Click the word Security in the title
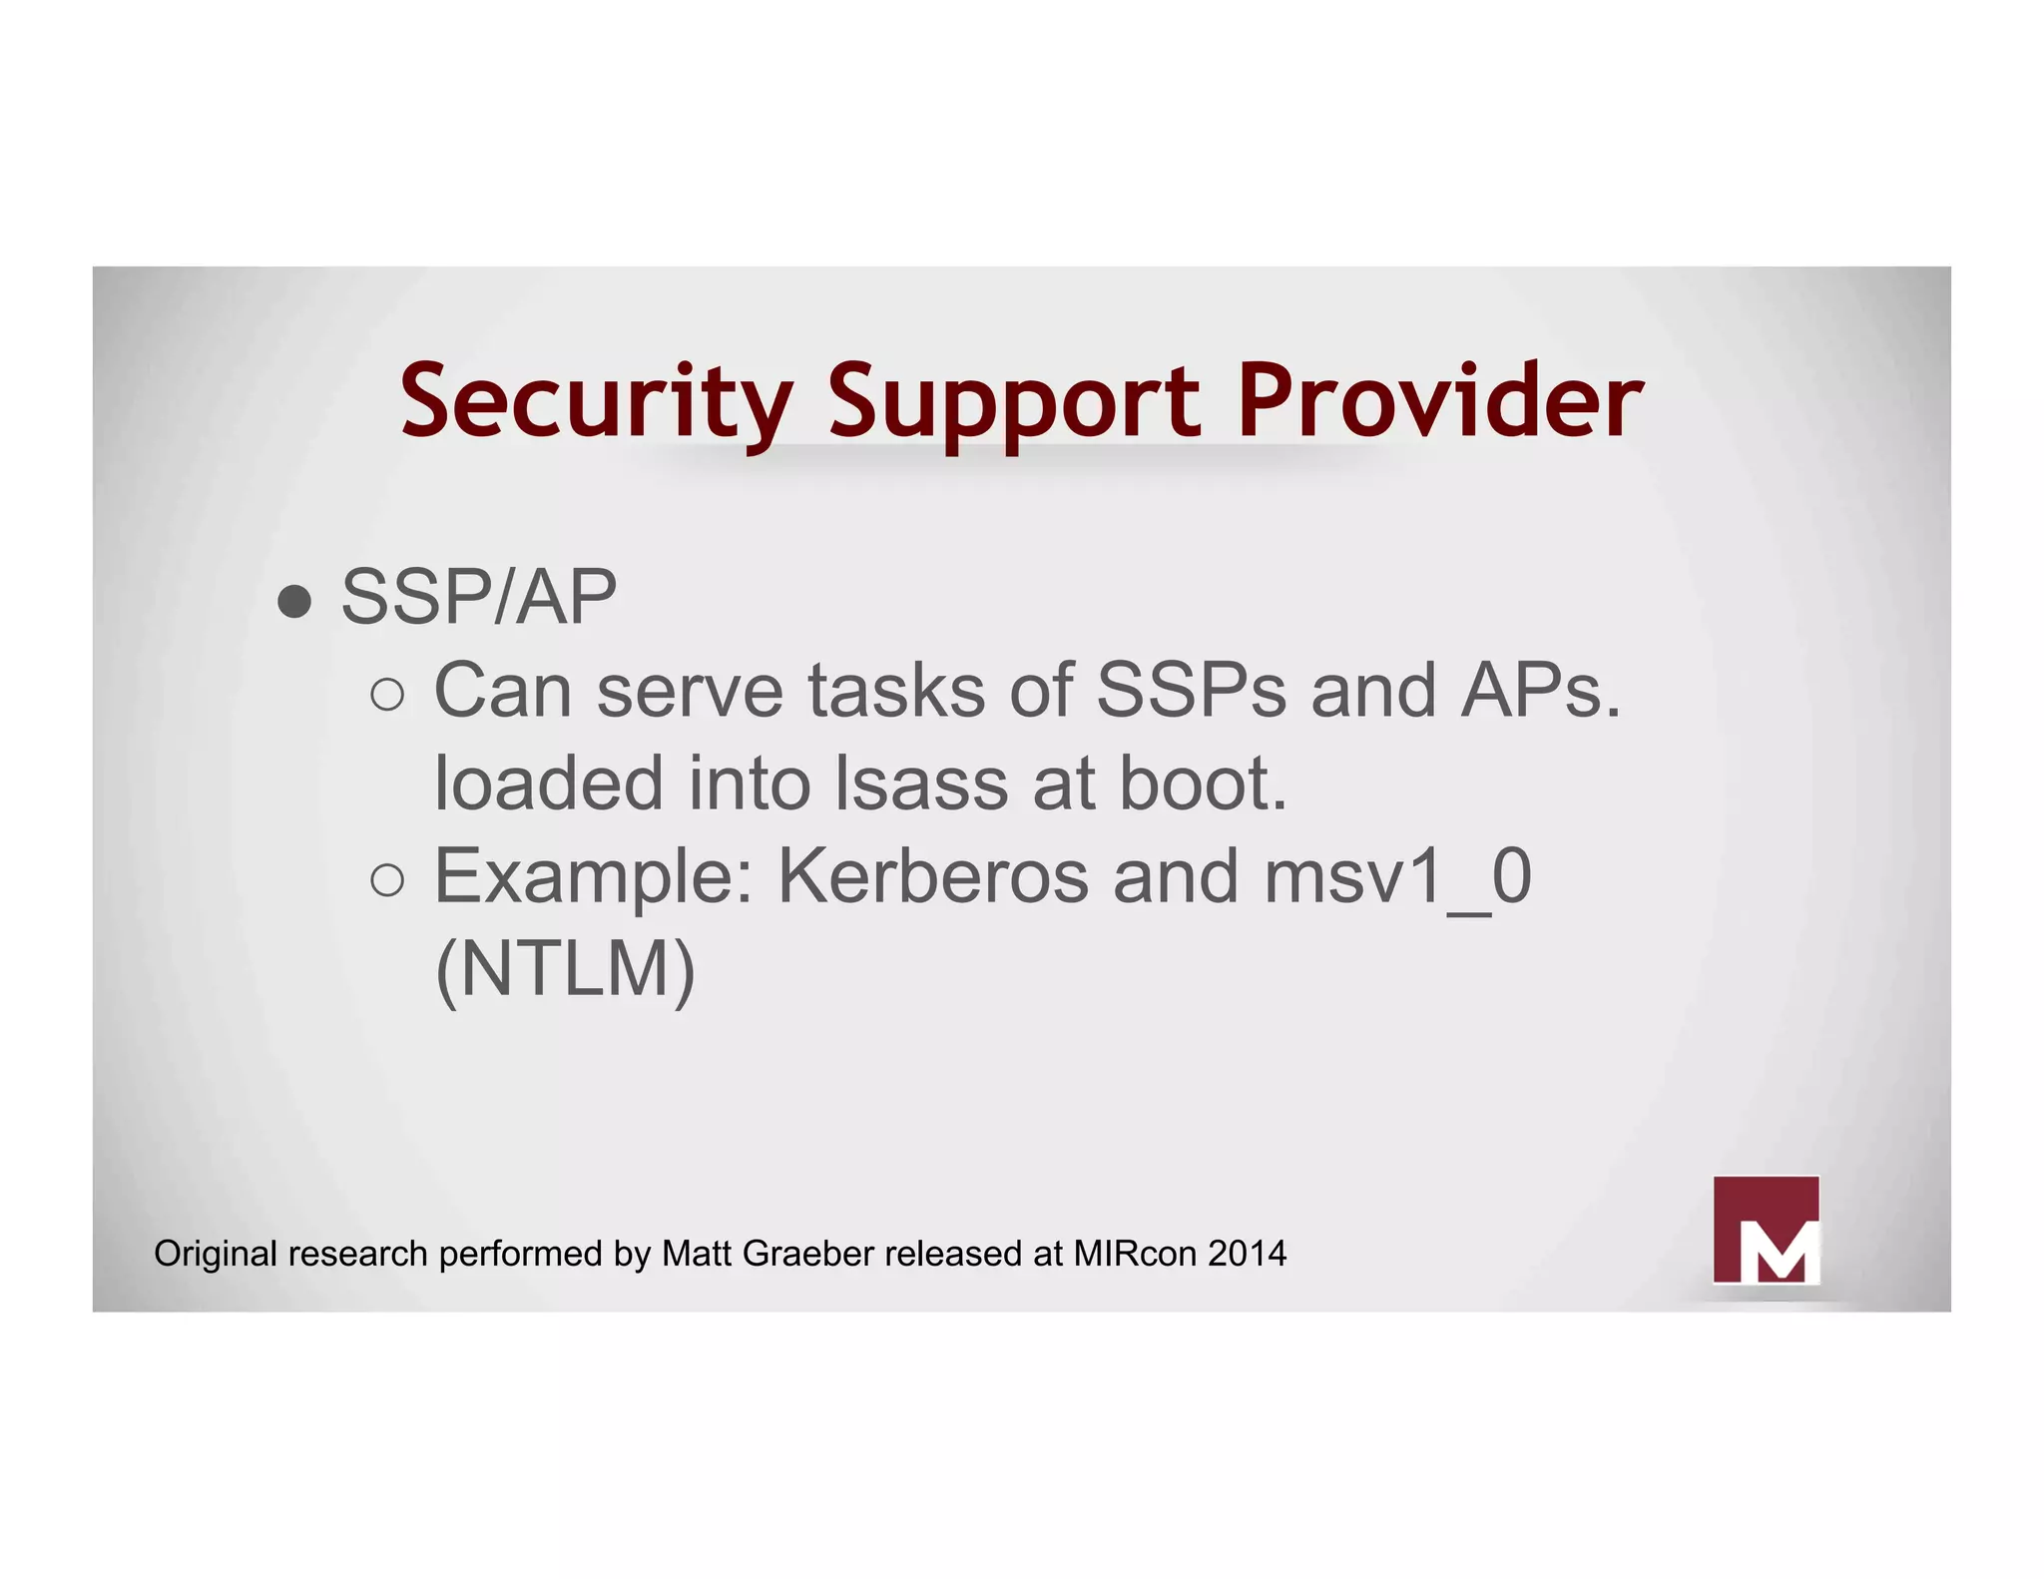pyautogui.click(x=596, y=401)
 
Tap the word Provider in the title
pyautogui.click(x=1439, y=401)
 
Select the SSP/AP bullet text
pyautogui.click(x=479, y=597)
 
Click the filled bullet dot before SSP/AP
pyautogui.click(x=294, y=601)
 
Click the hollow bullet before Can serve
pyautogui.click(x=387, y=694)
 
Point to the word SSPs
pyautogui.click(x=1191, y=690)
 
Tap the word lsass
pyautogui.click(x=921, y=784)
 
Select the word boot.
pyautogui.click(x=1203, y=784)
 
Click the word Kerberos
pyautogui.click(x=932, y=876)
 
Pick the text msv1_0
pyautogui.click(x=1397, y=876)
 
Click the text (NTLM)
pyautogui.click(x=565, y=969)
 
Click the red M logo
pyautogui.click(x=1766, y=1230)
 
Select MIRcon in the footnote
pyautogui.click(x=1135, y=1254)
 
